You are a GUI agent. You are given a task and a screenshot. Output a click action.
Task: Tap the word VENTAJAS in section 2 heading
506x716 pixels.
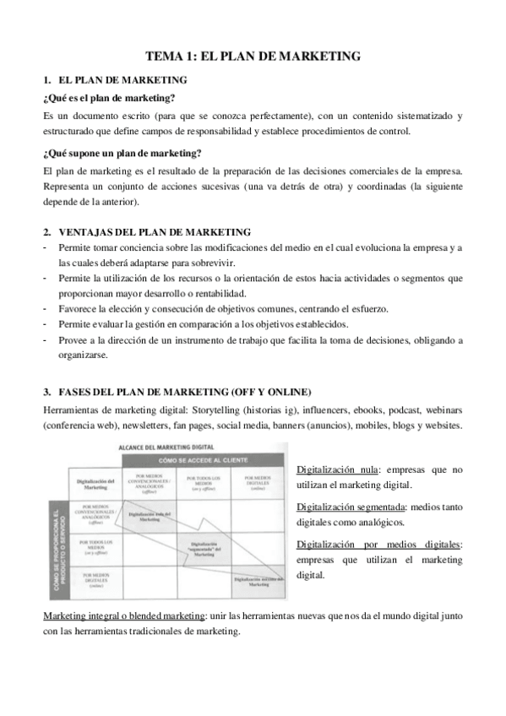tap(87, 231)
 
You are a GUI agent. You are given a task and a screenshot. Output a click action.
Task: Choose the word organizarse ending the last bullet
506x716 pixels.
tap(84, 355)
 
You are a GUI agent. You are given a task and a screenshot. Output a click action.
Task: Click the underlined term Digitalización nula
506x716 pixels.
tap(337, 469)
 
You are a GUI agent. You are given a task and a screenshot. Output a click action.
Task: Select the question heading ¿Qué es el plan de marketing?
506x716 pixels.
tap(108, 98)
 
